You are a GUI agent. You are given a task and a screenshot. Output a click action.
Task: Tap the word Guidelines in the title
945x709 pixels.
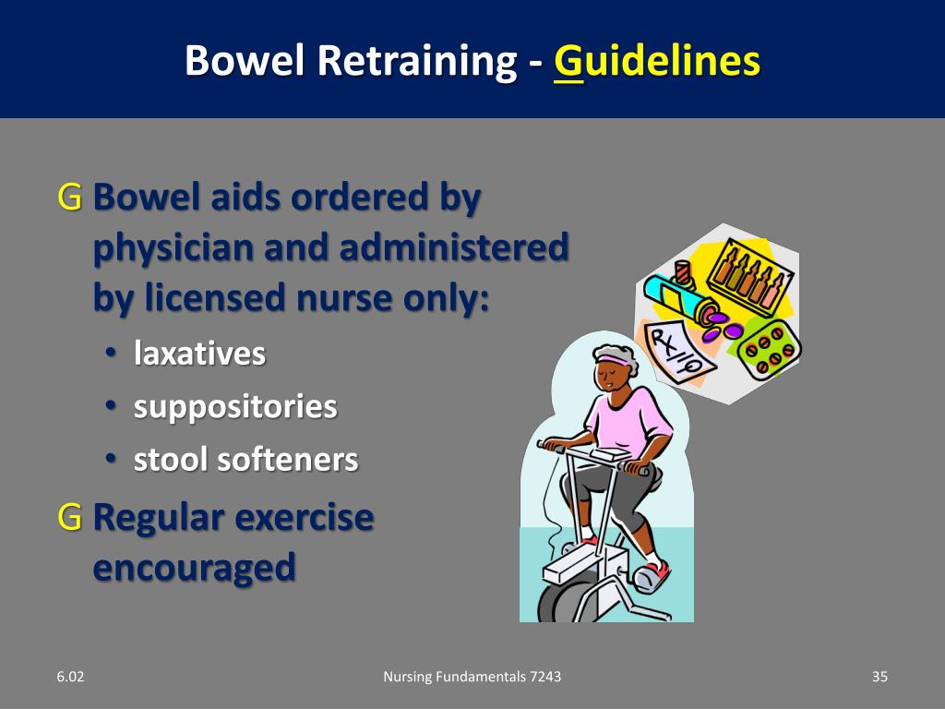click(657, 61)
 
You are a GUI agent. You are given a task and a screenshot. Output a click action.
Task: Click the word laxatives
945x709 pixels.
click(199, 354)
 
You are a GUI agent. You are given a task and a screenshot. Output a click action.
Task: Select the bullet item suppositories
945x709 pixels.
click(235, 406)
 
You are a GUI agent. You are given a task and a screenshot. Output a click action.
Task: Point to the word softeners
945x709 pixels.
click(287, 459)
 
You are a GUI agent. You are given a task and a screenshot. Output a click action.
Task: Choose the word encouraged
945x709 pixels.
click(194, 567)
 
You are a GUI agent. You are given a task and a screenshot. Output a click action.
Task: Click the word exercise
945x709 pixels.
click(305, 517)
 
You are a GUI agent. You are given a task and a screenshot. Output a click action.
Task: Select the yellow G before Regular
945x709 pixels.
click(69, 517)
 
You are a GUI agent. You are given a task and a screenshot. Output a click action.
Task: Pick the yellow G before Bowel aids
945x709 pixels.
click(69, 197)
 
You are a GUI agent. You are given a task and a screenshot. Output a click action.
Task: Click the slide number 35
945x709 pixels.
click(879, 677)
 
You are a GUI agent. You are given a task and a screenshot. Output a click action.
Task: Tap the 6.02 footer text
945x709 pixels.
click(69, 677)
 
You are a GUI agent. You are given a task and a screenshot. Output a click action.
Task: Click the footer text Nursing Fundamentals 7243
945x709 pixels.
click(472, 677)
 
